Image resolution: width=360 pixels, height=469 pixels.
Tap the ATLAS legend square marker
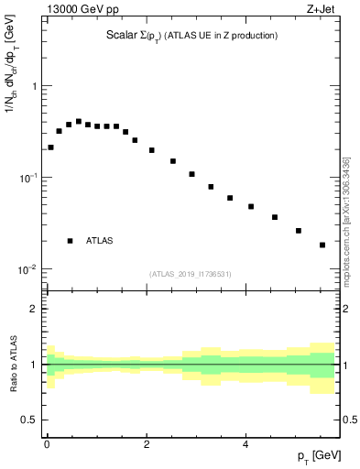tap(70, 241)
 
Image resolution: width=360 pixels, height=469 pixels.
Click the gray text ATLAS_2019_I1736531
tap(191, 274)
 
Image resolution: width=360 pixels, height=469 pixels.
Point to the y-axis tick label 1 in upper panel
tap(35, 86)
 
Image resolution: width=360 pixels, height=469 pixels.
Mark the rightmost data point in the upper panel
tap(322, 245)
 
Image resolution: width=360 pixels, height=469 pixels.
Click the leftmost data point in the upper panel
tap(50, 147)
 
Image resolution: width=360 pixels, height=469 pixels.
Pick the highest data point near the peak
tap(79, 121)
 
